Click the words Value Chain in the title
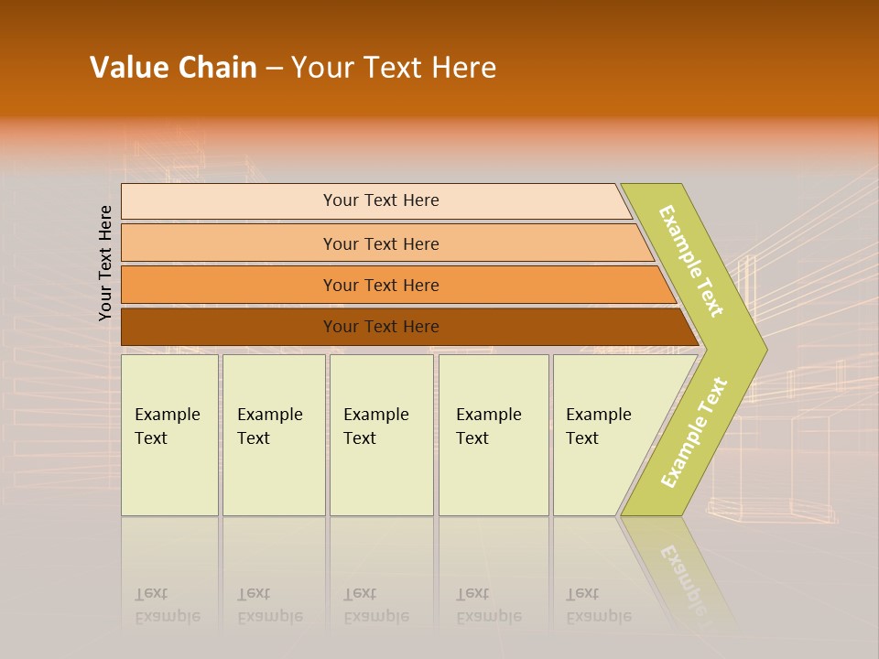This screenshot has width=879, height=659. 173,68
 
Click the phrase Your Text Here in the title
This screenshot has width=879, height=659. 394,68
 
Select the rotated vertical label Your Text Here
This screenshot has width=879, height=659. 105,263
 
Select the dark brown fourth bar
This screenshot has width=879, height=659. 229,327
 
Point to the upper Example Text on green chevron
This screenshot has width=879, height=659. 691,261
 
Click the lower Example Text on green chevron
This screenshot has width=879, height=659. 693,433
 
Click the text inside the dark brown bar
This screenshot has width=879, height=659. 381,327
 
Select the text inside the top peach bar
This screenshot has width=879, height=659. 381,200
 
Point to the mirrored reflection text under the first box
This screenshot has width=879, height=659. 168,606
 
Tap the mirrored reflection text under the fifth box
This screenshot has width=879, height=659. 599,606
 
